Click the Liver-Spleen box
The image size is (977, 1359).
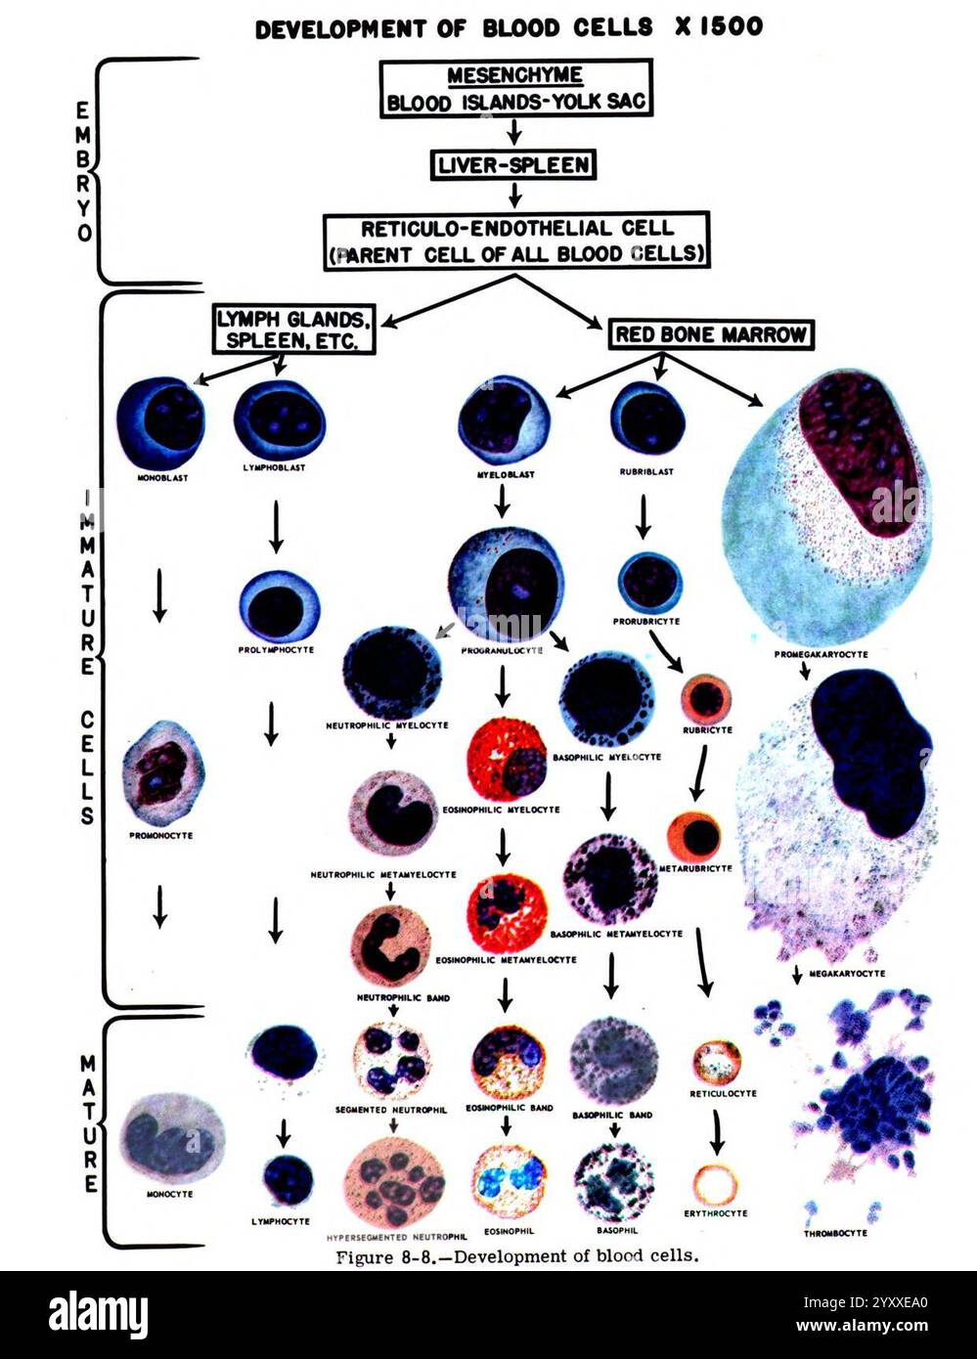[513, 165]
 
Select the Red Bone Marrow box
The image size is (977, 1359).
[711, 334]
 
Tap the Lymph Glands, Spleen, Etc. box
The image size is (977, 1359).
[293, 329]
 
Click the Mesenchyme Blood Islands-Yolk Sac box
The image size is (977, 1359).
[514, 89]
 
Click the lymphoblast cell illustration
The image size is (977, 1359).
[279, 418]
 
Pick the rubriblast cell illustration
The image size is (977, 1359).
[646, 418]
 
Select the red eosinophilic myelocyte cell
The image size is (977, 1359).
[505, 760]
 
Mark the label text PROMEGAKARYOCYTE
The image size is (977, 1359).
[821, 654]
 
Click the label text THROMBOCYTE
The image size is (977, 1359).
[834, 1233]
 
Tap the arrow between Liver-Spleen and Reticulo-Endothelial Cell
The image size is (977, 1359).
[515, 195]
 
